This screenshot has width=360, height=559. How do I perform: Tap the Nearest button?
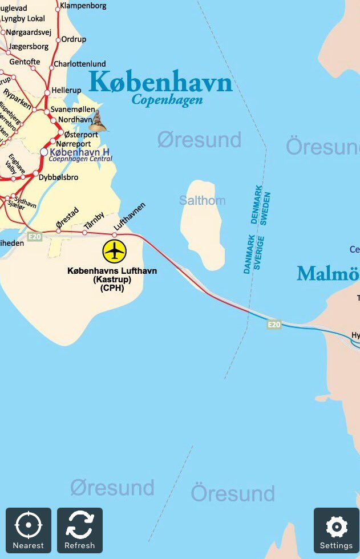[29, 530]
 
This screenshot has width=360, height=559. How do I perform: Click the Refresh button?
[80, 530]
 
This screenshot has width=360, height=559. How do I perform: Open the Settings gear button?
[336, 530]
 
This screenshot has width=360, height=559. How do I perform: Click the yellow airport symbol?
[115, 250]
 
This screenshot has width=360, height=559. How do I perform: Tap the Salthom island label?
[202, 201]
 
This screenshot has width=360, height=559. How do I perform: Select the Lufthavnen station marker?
[115, 233]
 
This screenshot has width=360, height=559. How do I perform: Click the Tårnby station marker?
[84, 232]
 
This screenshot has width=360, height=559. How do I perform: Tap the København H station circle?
[44, 152]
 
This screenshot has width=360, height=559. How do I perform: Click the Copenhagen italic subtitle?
[167, 100]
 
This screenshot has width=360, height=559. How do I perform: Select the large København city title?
[160, 82]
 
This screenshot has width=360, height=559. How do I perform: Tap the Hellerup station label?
[67, 90]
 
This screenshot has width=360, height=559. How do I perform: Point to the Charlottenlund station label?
[79, 64]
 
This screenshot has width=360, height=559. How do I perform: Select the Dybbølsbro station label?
[58, 177]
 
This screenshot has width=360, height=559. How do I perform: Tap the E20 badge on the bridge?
[274, 325]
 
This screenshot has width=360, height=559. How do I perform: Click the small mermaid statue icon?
[99, 121]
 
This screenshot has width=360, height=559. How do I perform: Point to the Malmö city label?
[328, 274]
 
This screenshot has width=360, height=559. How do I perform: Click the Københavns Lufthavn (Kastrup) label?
[112, 279]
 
